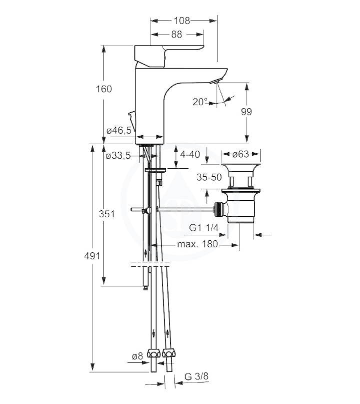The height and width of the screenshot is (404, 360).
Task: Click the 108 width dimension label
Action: click(182, 21)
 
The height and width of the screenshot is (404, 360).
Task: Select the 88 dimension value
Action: click(176, 34)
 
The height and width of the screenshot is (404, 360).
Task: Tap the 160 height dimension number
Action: click(104, 89)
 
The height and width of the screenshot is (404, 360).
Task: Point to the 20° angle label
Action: click(200, 102)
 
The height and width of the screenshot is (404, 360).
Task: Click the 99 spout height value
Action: click(246, 112)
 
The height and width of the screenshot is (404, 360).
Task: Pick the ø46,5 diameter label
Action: click(119, 130)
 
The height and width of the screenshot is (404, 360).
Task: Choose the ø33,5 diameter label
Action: click(118, 156)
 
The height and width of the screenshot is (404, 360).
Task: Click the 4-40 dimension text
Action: click(190, 154)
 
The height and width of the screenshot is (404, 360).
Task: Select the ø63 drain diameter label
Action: click(241, 154)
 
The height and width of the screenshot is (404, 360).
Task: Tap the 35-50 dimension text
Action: click(209, 177)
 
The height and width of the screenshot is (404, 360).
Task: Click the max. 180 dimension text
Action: click(197, 244)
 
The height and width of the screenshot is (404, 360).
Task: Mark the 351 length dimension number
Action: click(107, 214)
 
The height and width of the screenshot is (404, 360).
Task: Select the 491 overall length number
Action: click(92, 256)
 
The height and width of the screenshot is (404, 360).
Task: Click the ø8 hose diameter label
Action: click(137, 356)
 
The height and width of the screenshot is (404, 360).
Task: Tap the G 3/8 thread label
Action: click(196, 376)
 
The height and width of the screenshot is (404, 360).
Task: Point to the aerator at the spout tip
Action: click(214, 82)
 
